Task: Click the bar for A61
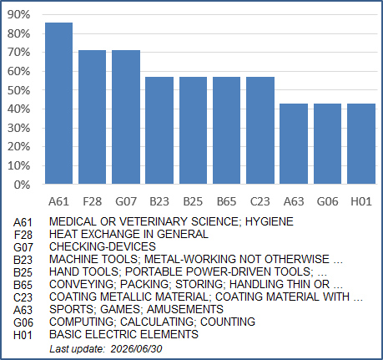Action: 58,104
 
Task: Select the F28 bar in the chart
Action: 93,117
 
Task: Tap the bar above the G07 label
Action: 126,117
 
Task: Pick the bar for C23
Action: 260,130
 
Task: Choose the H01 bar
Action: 361,144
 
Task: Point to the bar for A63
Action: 294,144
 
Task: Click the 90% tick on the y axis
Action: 18,14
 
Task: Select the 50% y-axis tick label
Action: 18,90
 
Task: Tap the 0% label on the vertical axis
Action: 22,185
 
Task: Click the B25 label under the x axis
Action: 193,201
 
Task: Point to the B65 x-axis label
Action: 227,201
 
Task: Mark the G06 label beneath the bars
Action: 327,201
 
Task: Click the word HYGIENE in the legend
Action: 270,221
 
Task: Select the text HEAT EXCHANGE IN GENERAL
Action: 129,234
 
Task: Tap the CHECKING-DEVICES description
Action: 103,246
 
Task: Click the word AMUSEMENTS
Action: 185,309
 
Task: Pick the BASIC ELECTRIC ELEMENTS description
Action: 123,334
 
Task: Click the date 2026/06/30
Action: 136,349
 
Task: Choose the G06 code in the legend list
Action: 23,322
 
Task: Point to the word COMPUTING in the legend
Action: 82,322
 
